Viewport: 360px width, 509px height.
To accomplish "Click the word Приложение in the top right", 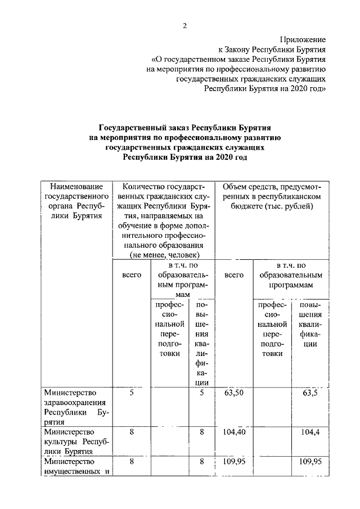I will point(303,39).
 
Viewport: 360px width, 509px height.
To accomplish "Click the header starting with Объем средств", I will point(272,186).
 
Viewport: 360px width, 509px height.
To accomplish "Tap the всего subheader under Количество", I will point(131,275).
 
